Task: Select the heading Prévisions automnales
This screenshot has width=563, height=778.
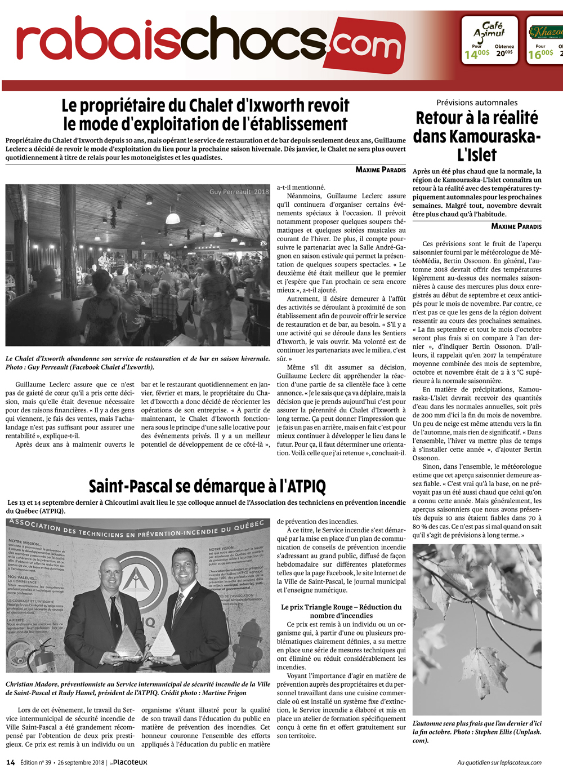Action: pos(477,103)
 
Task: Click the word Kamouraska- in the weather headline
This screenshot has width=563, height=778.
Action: pos(477,136)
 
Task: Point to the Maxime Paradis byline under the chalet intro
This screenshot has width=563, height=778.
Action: pos(381,170)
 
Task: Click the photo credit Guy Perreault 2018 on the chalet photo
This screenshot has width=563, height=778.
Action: pos(239,192)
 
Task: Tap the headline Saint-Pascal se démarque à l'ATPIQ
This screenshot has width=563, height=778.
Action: pos(207,486)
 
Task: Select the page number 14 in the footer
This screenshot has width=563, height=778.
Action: pos(11,763)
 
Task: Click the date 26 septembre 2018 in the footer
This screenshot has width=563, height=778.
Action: pos(81,763)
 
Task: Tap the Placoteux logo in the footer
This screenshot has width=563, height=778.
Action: pos(129,763)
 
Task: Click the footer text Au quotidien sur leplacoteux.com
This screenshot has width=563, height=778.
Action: pos(499,763)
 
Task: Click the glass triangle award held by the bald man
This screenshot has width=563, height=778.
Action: pos(129,642)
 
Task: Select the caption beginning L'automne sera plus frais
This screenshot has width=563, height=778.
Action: pos(476,732)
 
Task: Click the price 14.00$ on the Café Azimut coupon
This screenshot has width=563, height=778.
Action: pos(476,54)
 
